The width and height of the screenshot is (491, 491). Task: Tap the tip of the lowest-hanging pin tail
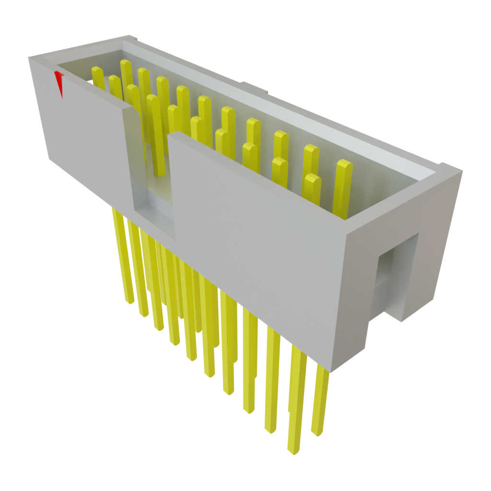click(x=293, y=451)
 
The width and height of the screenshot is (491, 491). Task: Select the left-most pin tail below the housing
click(x=123, y=259)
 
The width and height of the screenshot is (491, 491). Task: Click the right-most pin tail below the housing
click(x=320, y=403)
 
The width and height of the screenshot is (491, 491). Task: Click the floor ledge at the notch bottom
click(x=158, y=221)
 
